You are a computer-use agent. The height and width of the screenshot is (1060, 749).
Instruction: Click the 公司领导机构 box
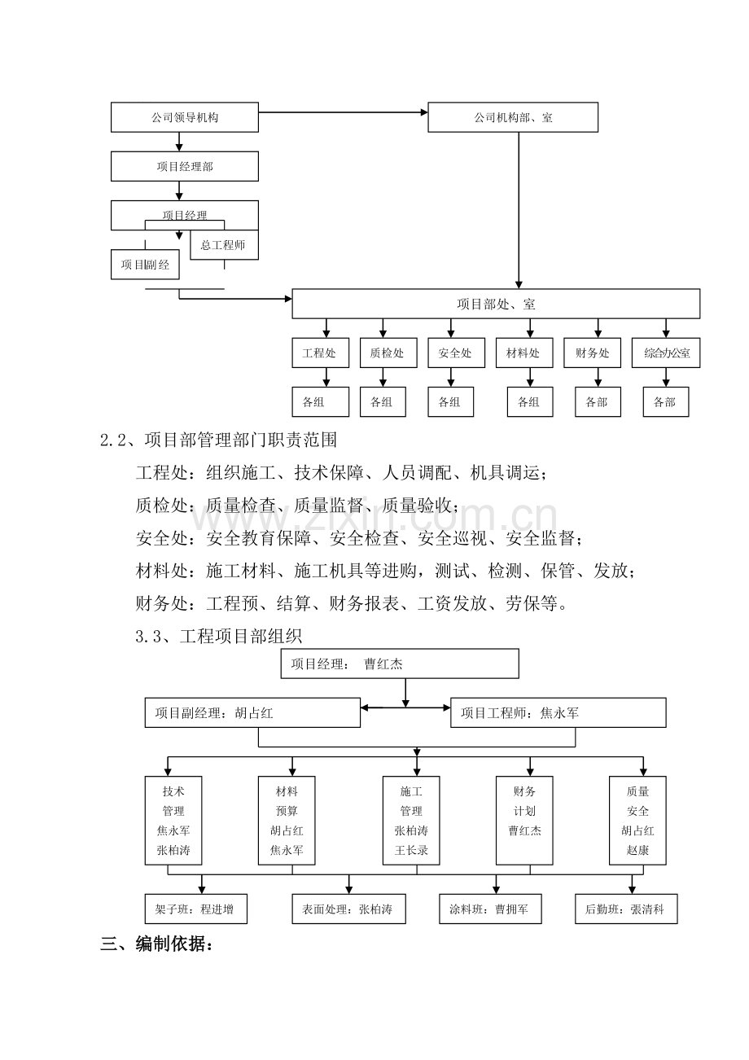tap(185, 117)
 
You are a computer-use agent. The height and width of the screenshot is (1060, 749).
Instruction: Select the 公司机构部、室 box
tap(513, 117)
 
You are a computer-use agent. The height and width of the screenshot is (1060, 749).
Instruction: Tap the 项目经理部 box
tap(185, 166)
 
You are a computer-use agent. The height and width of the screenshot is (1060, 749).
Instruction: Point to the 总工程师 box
tap(224, 245)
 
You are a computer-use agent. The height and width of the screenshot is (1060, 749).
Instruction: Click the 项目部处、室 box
tap(496, 304)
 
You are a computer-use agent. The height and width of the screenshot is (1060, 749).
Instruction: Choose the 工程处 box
tap(320, 353)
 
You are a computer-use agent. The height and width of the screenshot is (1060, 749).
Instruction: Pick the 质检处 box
tap(388, 353)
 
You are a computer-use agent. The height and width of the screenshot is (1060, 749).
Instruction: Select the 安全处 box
tap(457, 353)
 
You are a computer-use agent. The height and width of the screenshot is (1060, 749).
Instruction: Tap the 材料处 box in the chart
tap(524, 353)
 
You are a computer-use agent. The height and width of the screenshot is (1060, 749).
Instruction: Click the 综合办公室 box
tap(666, 353)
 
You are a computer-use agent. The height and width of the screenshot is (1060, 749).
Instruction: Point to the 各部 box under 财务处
tap(598, 401)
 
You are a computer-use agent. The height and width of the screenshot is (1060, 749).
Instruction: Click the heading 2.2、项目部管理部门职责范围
tap(219, 440)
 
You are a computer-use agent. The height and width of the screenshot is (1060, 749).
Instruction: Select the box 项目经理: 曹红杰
tap(400, 664)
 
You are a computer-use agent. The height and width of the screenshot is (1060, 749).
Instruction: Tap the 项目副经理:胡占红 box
tap(252, 712)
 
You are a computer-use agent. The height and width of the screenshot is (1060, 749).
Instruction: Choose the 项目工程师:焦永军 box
tap(558, 712)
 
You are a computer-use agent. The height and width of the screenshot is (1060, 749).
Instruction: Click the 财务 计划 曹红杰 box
tap(524, 821)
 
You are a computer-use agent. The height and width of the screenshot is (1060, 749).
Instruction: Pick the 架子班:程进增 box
tap(196, 909)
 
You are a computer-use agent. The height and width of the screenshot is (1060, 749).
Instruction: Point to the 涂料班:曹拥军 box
tap(490, 909)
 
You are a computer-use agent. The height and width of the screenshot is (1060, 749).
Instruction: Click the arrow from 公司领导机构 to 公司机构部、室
tap(343, 112)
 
